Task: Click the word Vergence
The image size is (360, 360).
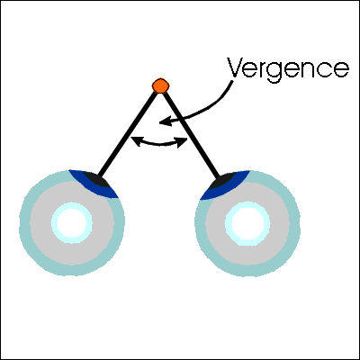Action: pos(288,70)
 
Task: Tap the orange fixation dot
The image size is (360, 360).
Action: pos(160,85)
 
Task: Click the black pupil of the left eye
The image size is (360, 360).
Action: pos(96,179)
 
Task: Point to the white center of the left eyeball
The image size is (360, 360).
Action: pos(72,223)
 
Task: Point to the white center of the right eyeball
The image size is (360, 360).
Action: pos(247,224)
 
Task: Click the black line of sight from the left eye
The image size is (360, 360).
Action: pos(128,133)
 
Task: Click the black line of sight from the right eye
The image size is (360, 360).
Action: pos(191,134)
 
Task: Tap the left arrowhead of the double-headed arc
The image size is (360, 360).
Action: pos(137,141)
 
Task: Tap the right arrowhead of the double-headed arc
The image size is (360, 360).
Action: pos(182,142)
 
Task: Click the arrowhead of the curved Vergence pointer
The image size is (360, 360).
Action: pos(166,121)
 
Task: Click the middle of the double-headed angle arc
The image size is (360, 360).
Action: pos(159,145)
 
